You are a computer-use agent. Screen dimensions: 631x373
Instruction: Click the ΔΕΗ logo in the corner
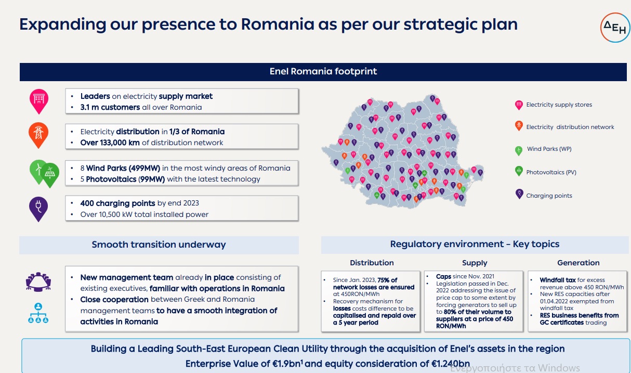[x=615, y=28]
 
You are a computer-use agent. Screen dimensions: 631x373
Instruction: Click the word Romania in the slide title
[x=278, y=24]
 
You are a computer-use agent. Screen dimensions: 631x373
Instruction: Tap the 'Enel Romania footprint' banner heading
[x=323, y=71]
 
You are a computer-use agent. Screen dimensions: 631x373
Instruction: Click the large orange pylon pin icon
[x=38, y=135]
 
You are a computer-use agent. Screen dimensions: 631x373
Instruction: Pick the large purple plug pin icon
[x=38, y=209]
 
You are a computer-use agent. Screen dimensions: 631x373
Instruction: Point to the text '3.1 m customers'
[x=110, y=107]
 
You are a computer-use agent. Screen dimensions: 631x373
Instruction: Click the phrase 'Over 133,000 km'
[x=110, y=143]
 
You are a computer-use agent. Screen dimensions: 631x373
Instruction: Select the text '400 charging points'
[x=117, y=203]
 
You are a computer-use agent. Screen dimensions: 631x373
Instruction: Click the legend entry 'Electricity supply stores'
[x=559, y=105]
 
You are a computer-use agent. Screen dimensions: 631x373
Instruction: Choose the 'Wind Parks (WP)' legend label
[x=549, y=149]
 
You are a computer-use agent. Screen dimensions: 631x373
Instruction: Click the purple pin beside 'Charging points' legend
[x=519, y=194]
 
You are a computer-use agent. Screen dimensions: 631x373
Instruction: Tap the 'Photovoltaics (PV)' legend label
[x=551, y=172]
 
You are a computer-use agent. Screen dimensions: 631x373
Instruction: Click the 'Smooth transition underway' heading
[x=159, y=245]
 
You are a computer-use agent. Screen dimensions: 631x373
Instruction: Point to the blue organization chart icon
[x=38, y=313]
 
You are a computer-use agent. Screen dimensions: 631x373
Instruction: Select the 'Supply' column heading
[x=475, y=263]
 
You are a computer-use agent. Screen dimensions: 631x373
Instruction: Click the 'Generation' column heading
[x=579, y=263]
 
